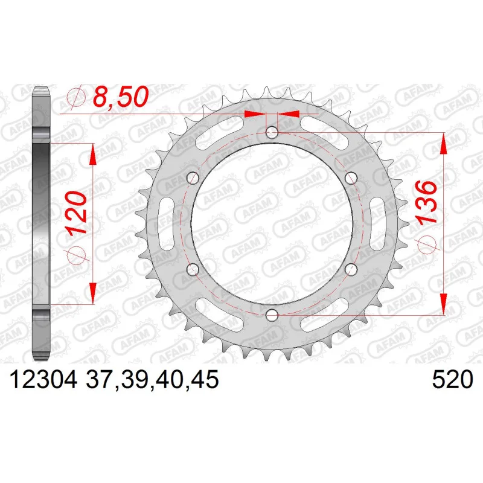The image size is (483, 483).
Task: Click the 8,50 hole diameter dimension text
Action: pyautogui.click(x=121, y=97)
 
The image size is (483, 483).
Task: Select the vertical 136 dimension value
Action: pyautogui.click(x=426, y=202)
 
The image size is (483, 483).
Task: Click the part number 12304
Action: pyautogui.click(x=43, y=380)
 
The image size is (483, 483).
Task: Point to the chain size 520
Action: pyautogui.click(x=452, y=380)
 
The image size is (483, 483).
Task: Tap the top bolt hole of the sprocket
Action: pyautogui.click(x=272, y=133)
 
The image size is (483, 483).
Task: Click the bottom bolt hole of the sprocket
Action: pyautogui.click(x=272, y=315)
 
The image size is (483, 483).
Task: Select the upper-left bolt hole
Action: pyautogui.click(x=193, y=178)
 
